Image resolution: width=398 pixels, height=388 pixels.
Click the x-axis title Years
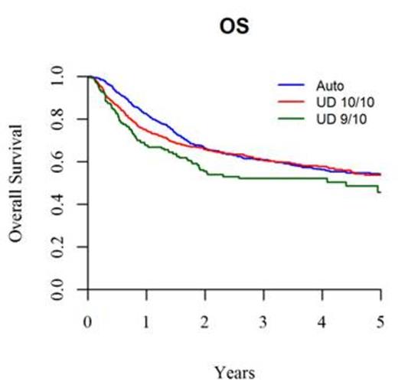(x=234, y=373)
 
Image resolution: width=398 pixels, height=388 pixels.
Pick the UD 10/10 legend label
(x=328, y=101)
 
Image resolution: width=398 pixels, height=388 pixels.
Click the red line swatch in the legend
(x=287, y=101)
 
